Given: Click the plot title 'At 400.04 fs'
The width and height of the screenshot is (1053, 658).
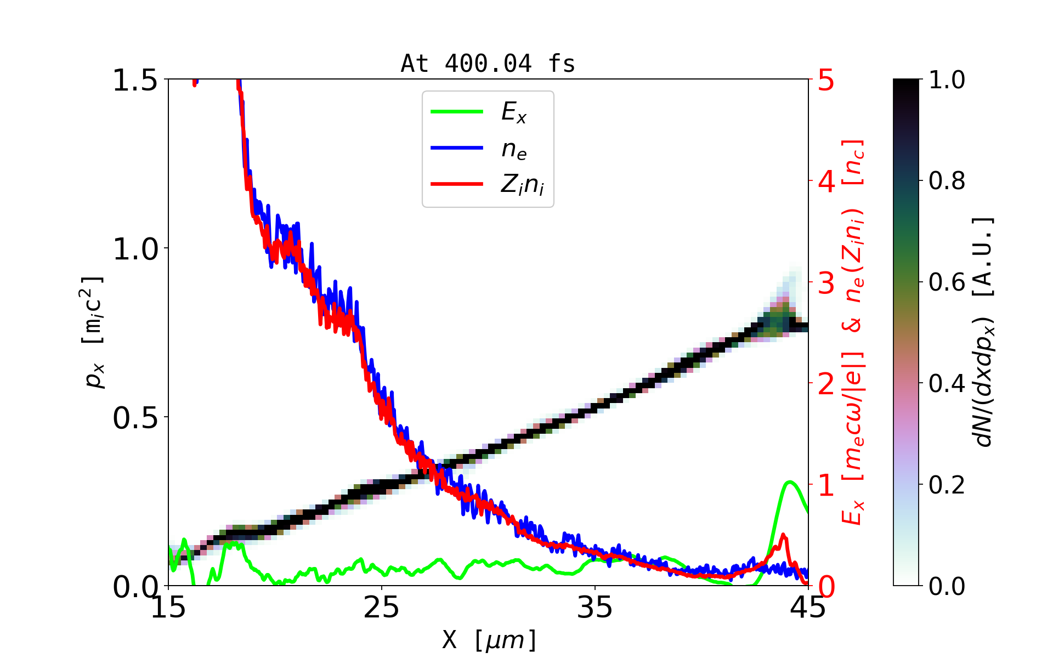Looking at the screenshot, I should [488, 64].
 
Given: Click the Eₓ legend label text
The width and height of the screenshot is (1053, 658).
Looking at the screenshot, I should [514, 112].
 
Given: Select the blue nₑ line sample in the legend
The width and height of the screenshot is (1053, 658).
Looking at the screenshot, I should [456, 148].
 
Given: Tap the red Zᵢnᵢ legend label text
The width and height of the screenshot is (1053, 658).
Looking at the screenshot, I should [522, 185].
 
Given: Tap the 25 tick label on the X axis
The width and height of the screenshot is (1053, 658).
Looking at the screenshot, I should [382, 608].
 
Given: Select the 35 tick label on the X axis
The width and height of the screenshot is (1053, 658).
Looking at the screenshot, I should [595, 608].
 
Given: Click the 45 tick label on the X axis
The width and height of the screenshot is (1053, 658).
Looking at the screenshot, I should [808, 608].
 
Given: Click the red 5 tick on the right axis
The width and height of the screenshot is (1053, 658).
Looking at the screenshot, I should [826, 81].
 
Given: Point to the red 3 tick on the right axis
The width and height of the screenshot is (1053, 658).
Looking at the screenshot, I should [826, 283].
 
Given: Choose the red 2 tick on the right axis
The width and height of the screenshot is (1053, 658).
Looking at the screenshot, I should [826, 384].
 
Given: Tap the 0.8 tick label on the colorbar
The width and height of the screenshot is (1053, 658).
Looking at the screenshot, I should [947, 181].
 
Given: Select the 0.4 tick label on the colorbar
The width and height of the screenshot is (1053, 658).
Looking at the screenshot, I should [947, 384].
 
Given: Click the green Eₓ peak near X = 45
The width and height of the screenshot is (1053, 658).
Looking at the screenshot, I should [789, 483].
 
